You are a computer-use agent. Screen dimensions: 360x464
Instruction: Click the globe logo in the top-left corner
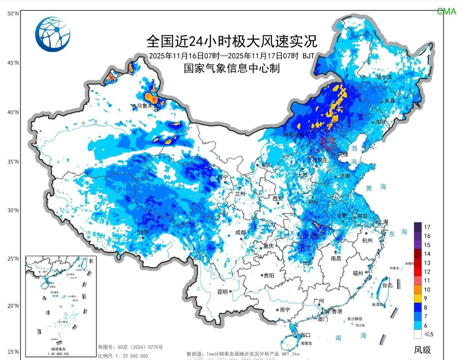click(x=53, y=34)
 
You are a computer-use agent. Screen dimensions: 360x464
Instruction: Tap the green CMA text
click(x=446, y=12)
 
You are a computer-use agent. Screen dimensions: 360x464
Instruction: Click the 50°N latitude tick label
click(x=13, y=14)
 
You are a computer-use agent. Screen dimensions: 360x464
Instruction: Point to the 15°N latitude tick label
click(x=13, y=352)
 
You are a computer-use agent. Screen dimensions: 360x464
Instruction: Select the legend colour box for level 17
click(x=418, y=227)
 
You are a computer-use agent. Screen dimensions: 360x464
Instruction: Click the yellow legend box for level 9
click(x=418, y=298)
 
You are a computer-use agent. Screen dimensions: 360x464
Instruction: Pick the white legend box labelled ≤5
click(x=418, y=334)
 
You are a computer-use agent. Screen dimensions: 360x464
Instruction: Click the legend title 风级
click(x=422, y=350)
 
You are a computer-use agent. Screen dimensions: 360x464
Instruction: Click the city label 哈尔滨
click(x=384, y=77)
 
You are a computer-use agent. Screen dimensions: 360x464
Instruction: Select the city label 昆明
click(x=223, y=292)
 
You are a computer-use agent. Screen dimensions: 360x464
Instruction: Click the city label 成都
click(x=240, y=233)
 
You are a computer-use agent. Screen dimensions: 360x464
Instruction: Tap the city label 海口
click(x=306, y=335)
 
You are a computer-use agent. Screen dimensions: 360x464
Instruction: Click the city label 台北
click(x=388, y=285)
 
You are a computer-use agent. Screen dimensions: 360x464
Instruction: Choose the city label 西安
click(x=277, y=198)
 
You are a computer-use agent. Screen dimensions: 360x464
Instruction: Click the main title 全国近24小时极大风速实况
click(x=232, y=41)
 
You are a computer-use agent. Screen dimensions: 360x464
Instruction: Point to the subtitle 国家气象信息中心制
click(x=232, y=68)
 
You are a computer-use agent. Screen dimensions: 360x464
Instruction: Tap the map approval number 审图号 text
click(x=130, y=347)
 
